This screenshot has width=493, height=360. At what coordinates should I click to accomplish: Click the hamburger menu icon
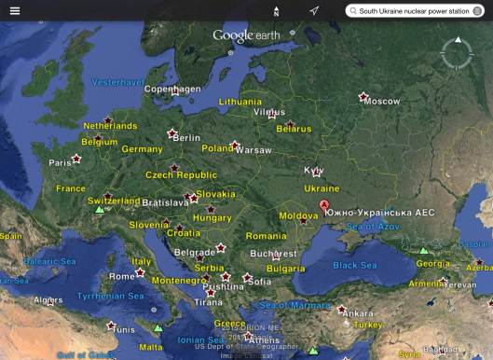pos(15,11)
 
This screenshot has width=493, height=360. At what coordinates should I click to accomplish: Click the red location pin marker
pos(324,206)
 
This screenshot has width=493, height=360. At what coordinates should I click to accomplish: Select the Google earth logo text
pos(247,35)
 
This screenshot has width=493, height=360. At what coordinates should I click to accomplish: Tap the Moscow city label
pos(381,101)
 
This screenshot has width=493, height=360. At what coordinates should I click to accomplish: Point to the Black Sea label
pos(354,265)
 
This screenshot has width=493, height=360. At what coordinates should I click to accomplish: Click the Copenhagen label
pos(172,90)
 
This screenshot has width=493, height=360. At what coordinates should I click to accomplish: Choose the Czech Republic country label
pos(181,174)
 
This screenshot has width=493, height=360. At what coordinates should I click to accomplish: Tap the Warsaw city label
pos(252,149)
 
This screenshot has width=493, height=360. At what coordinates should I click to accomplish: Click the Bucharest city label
pos(272,254)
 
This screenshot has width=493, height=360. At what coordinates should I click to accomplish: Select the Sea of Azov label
pos(372,228)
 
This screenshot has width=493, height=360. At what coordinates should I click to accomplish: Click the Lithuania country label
pos(240,101)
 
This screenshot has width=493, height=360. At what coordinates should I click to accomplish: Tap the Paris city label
pos(60,162)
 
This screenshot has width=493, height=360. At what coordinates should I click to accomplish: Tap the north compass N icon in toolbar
pos(276,11)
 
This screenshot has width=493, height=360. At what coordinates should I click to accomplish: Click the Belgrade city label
pos(195,253)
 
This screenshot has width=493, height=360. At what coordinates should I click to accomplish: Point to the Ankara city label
pos(358,313)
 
